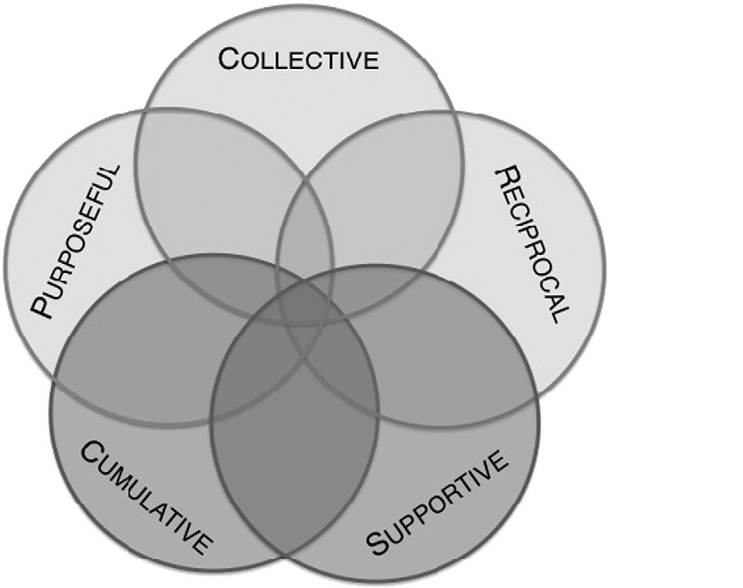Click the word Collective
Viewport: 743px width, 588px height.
pyautogui.click(x=298, y=62)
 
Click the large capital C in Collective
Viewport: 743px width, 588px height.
pyautogui.click(x=230, y=62)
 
